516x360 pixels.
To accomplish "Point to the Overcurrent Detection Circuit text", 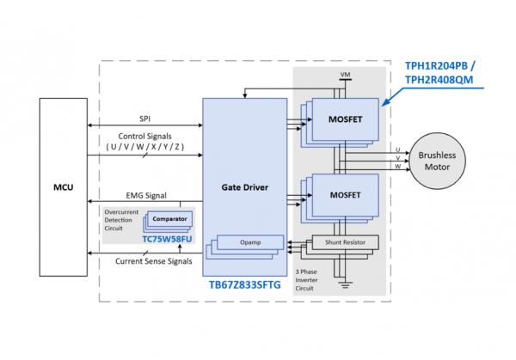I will point(119,218).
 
